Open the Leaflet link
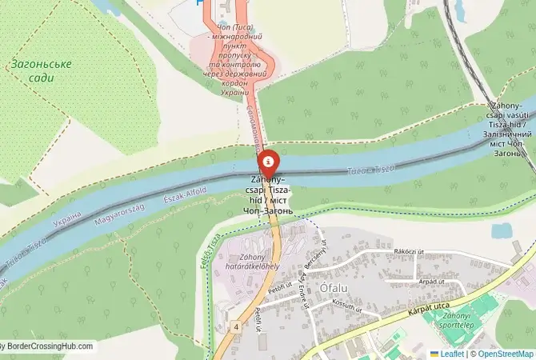click(453, 353)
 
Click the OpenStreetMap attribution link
click(504, 353)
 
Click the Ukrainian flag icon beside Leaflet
click(434, 353)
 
